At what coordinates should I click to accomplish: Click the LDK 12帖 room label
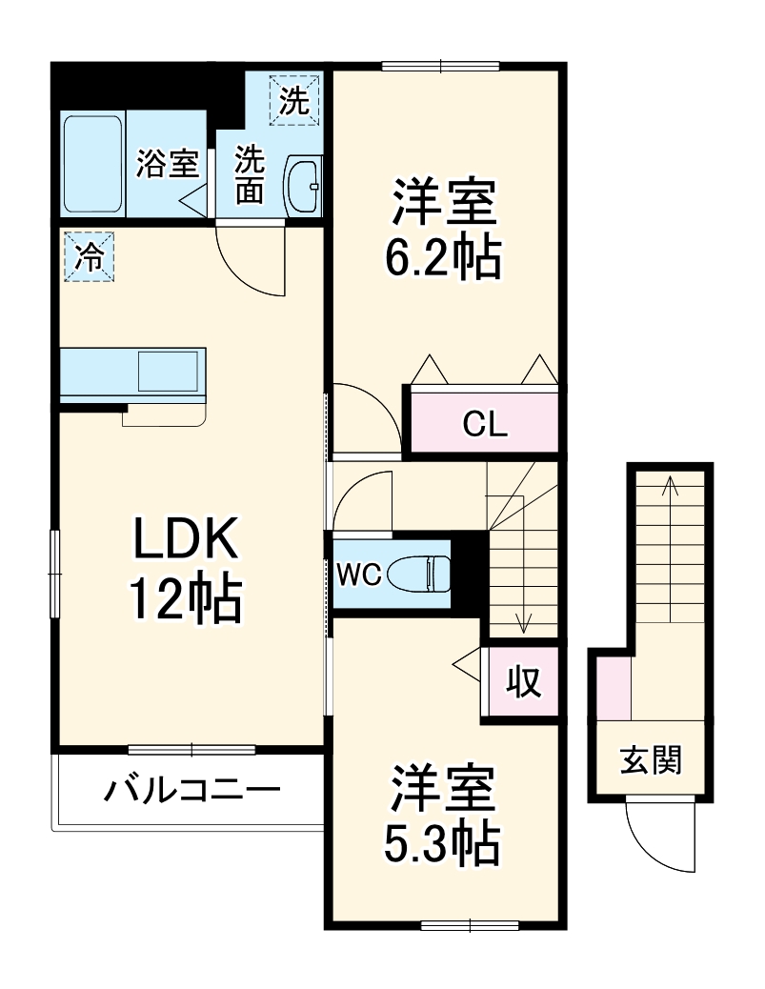click(x=184, y=570)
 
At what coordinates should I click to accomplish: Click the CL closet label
click(x=484, y=424)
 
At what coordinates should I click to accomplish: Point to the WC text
click(x=359, y=574)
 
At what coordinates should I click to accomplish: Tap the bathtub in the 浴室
click(x=92, y=164)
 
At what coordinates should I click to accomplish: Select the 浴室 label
click(x=167, y=164)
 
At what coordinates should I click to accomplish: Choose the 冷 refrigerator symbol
click(x=88, y=256)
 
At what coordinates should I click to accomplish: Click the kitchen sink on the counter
click(x=170, y=370)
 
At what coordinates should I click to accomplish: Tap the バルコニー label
click(x=191, y=790)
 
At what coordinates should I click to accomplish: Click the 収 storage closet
click(x=522, y=682)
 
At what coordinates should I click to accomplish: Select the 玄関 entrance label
click(x=652, y=760)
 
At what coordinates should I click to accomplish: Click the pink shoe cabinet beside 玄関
click(x=614, y=687)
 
